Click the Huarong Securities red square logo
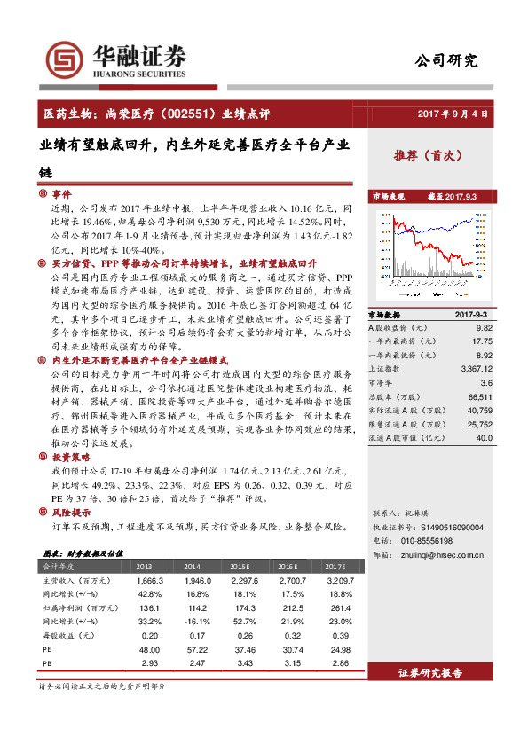point(69,59)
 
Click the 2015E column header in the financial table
point(240,566)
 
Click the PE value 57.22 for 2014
point(193,649)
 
